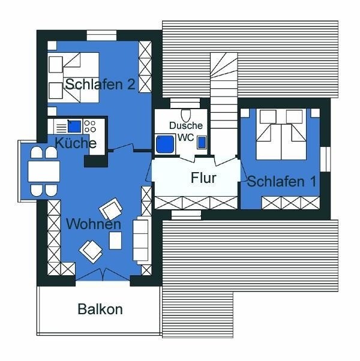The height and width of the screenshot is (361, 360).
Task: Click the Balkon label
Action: click(100, 309)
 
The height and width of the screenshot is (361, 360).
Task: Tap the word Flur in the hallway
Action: click(203, 178)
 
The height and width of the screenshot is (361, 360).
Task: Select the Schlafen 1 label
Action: click(282, 182)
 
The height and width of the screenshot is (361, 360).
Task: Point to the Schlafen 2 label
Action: click(100, 84)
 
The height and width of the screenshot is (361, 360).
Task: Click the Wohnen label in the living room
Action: click(94, 224)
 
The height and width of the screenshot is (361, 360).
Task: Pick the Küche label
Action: click(76, 143)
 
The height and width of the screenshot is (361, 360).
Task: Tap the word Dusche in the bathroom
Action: click(186, 125)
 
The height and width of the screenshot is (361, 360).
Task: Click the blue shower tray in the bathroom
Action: click(165, 145)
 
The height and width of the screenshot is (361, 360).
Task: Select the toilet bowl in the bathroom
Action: click(185, 116)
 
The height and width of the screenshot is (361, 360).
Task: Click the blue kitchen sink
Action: click(74, 127)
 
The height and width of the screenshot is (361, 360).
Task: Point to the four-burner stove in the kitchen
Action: click(90, 126)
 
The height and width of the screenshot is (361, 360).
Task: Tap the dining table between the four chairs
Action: click(44, 172)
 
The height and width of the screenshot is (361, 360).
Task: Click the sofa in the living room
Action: click(140, 240)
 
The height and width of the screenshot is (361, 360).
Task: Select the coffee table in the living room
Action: click(115, 240)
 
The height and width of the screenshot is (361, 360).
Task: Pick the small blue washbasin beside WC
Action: click(202, 143)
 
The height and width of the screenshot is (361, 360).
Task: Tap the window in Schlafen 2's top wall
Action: click(101, 35)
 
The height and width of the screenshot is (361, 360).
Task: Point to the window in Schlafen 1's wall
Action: click(325, 159)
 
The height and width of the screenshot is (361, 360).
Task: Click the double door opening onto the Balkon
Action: click(103, 275)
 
